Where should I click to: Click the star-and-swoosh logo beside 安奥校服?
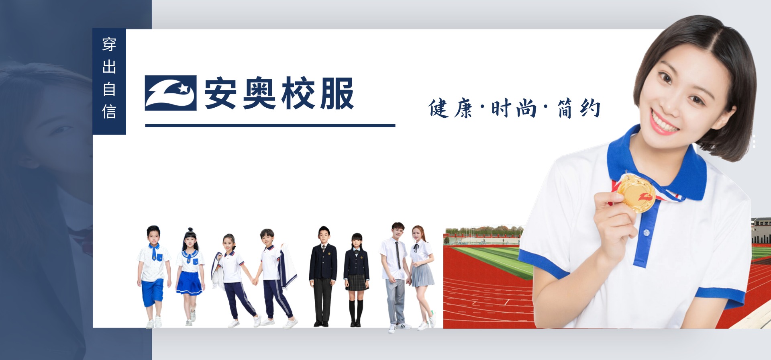pos(171,93)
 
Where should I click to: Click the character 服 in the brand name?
pos(337,93)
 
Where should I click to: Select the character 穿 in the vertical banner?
pos(109,44)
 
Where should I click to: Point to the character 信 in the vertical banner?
pos(109,111)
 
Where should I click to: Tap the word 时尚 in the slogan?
pos(514,108)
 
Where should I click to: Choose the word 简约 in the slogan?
pos(579,108)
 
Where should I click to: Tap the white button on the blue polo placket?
pos(646,232)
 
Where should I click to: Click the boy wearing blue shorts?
pos(153,276)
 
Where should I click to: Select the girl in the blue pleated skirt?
pos(190,277)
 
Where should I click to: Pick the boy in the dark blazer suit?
pos(323,276)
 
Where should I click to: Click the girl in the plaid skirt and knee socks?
pos(356,280)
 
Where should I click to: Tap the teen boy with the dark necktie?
pos(396,277)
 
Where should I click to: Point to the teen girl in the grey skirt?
pos(422,277)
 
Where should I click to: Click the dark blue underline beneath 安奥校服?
pos(270,125)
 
